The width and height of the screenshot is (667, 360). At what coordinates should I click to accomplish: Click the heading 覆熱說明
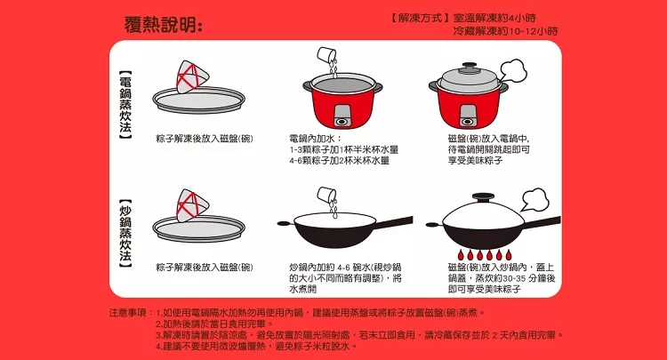(163, 25)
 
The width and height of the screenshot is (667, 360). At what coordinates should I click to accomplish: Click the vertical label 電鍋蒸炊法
(125, 105)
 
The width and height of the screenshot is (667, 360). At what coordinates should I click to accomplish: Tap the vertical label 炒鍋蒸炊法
(125, 234)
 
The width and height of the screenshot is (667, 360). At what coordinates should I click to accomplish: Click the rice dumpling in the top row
(193, 77)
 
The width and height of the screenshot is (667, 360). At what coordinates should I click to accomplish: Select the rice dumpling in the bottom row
(193, 205)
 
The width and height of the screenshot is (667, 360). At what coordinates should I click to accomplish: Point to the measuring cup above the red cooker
(326, 55)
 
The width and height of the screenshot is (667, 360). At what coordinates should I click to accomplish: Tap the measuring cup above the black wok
(326, 195)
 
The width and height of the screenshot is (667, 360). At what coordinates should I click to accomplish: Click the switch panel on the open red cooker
(342, 116)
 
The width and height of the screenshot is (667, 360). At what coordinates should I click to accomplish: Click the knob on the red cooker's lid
(469, 67)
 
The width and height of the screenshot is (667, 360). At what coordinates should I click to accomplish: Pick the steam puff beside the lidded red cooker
(513, 70)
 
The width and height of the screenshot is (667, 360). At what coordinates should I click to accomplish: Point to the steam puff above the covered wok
(534, 199)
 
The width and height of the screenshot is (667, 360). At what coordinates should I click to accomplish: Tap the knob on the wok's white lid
(483, 197)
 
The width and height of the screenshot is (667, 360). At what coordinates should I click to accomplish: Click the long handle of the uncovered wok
(394, 223)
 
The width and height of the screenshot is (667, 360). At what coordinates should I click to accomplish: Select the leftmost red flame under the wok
(461, 255)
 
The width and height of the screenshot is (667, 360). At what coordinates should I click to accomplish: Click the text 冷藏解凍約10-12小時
(505, 31)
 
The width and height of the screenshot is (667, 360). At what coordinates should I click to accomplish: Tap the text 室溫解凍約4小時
(494, 19)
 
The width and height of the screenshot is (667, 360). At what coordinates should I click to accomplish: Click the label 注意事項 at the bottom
(127, 313)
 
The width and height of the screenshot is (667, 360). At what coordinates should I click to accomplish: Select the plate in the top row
(199, 100)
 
